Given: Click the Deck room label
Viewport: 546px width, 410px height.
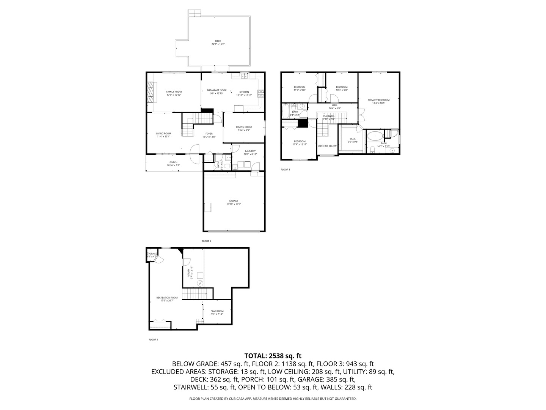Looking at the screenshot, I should pyautogui.click(x=218, y=41).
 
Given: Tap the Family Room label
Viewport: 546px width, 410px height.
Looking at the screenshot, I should pyautogui.click(x=174, y=91).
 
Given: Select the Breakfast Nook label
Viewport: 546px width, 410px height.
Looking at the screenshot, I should pyautogui.click(x=217, y=90).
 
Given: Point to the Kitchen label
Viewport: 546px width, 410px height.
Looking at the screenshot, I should pyautogui.click(x=244, y=92).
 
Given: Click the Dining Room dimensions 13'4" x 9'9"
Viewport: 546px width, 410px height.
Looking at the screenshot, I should pyautogui.click(x=244, y=130).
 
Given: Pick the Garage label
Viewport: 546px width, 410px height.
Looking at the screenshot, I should pyautogui.click(x=234, y=201).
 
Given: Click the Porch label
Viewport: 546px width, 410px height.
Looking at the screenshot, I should pyautogui.click(x=173, y=162).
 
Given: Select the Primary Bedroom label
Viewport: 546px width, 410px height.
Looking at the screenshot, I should pyautogui.click(x=378, y=100).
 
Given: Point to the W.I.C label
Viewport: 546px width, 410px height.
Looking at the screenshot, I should pyautogui.click(x=353, y=139).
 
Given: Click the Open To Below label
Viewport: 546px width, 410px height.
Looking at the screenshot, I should pyautogui.click(x=327, y=146).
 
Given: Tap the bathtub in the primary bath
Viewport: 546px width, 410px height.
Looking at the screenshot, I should pyautogui.click(x=375, y=135).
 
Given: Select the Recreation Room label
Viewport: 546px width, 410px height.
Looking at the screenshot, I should pyautogui.click(x=167, y=298).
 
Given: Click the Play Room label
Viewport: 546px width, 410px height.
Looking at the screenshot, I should pyautogui.click(x=217, y=311).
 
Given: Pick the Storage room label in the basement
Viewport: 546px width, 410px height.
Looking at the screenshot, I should pyautogui.click(x=152, y=254).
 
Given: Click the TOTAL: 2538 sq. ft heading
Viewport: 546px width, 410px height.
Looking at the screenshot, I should pyautogui.click(x=273, y=356).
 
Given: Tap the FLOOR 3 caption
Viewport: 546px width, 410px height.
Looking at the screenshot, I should pyautogui.click(x=286, y=170).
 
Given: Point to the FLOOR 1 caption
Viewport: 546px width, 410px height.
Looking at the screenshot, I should pyautogui.click(x=153, y=339).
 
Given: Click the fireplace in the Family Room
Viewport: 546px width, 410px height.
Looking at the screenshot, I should pyautogui.click(x=151, y=92).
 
